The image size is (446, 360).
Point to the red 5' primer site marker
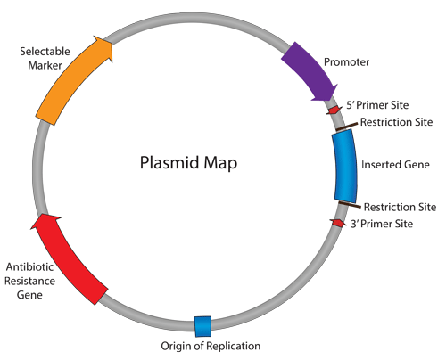tap(333, 110)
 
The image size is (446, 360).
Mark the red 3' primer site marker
tap(338, 222)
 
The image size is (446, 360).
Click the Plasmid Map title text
tap(189, 164)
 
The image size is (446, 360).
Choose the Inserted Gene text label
tap(395, 165)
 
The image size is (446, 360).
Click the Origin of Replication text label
tap(211, 346)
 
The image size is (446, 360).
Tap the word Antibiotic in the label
tap(30, 266)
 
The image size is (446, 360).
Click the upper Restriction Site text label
tap(397, 122)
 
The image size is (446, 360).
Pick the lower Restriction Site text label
tap(401, 207)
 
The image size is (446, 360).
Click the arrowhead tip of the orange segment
tap(113, 53)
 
